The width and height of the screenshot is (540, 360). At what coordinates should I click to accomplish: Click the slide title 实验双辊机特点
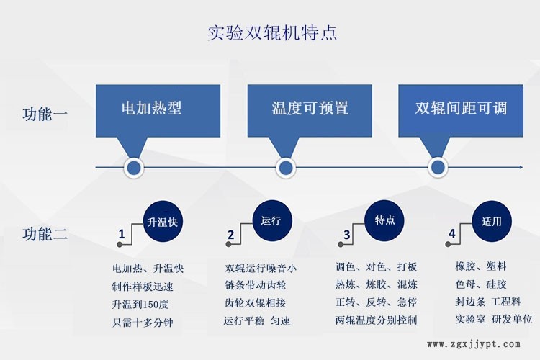point(272,33)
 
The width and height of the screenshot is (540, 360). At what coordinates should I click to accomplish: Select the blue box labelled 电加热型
point(158,111)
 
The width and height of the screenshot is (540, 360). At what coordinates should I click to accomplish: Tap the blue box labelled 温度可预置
point(310,111)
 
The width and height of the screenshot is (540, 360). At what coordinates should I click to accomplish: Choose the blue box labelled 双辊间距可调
point(461,111)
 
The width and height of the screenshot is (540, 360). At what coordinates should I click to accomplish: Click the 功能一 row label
point(45,114)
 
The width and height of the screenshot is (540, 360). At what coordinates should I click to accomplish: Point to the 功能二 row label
point(45,234)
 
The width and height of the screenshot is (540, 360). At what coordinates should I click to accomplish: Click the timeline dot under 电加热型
point(134,168)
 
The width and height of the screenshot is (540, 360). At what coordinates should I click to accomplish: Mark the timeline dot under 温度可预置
point(286,168)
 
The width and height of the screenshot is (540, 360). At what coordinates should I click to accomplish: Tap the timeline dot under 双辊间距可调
point(438,168)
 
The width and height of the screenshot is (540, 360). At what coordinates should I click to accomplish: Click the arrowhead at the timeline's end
point(521,168)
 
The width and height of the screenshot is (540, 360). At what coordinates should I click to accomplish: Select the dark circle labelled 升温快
point(163,221)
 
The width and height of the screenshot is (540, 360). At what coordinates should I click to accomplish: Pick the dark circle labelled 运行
point(272,220)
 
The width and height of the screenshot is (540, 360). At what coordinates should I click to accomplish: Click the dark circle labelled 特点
point(384,220)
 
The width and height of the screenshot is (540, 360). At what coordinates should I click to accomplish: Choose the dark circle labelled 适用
point(492,221)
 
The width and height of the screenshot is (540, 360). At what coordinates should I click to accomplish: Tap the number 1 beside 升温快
point(121,234)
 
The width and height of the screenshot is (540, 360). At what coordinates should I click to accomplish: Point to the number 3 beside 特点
point(346,235)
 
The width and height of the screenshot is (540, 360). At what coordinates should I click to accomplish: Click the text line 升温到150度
point(140,304)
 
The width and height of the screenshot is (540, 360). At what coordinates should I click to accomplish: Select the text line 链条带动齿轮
point(255,285)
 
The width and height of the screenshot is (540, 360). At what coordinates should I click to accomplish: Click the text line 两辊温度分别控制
point(376,320)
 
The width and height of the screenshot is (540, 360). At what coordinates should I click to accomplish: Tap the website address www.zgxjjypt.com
point(474,344)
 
